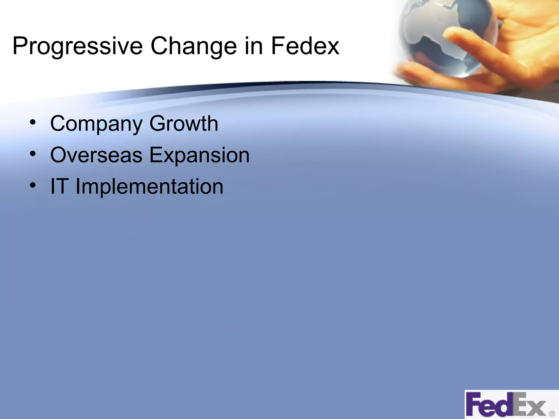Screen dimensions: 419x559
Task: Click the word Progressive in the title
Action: pos(77,46)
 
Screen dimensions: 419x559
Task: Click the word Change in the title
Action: pos(193,46)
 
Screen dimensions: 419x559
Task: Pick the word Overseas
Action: pos(96,155)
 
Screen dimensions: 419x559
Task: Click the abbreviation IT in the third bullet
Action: pos(59,186)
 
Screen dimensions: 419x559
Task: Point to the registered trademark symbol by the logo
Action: pos(552,414)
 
